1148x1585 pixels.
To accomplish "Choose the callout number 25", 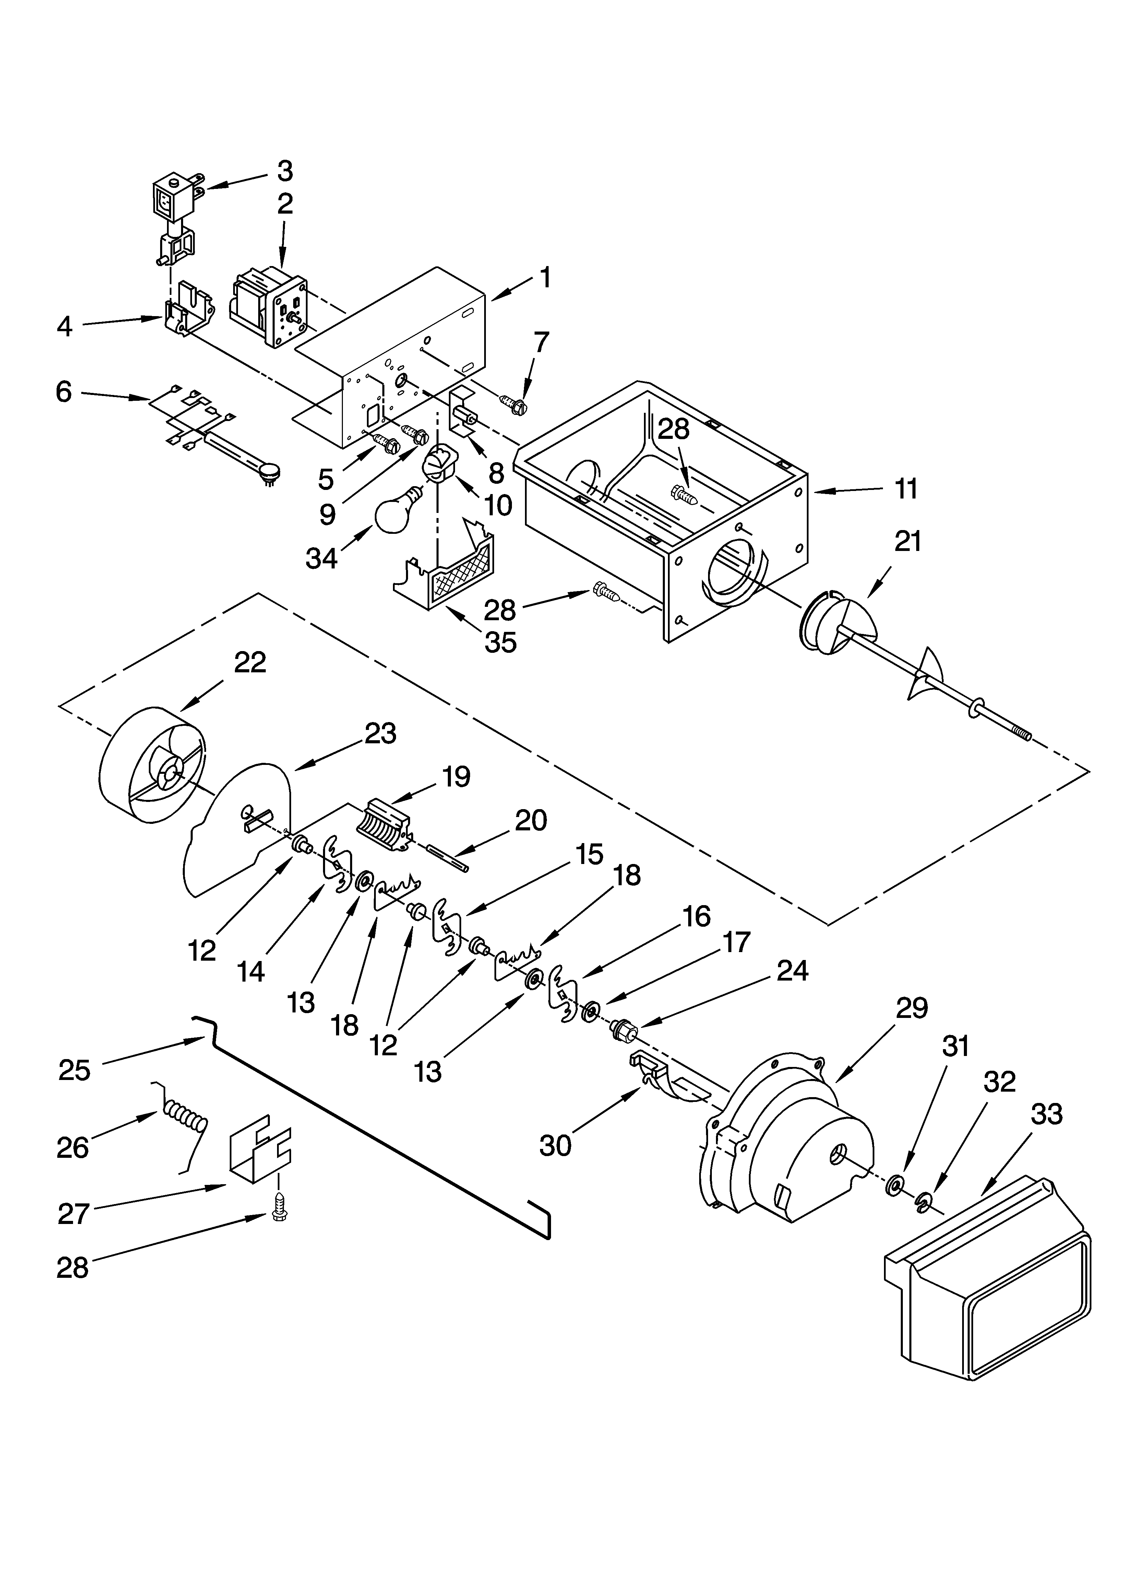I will (75, 1071).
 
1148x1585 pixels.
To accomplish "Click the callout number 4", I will (64, 326).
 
